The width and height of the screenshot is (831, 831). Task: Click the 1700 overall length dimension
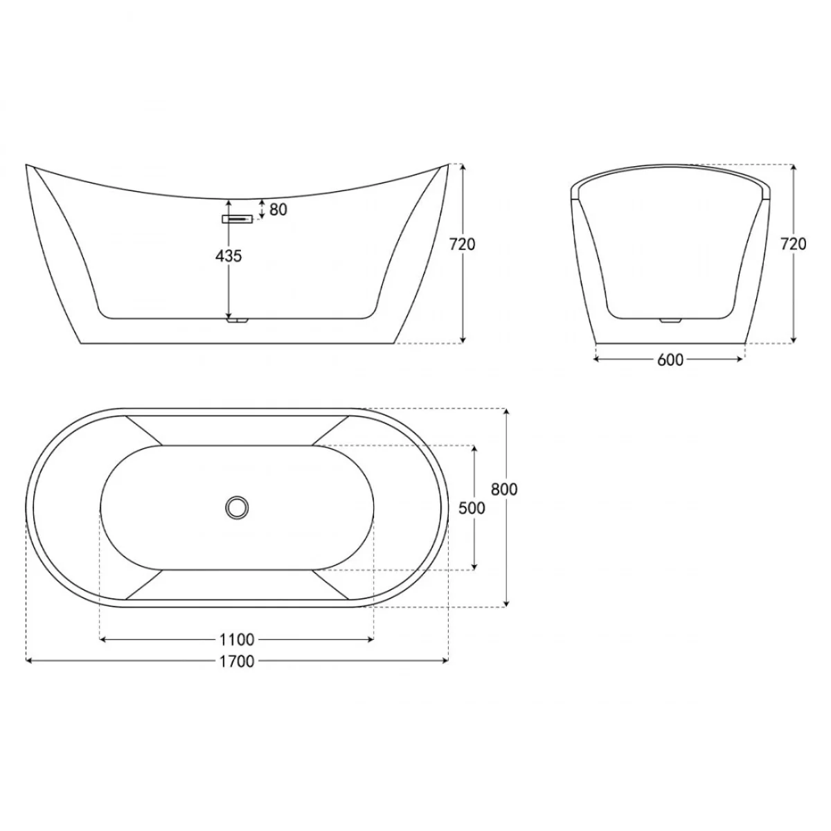pyautogui.click(x=237, y=661)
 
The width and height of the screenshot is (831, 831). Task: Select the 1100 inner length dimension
pyautogui.click(x=237, y=640)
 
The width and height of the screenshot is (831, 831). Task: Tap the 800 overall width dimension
pyautogui.click(x=504, y=489)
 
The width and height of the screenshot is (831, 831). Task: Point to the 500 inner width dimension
pyautogui.click(x=472, y=508)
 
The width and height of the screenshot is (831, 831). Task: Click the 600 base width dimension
pyautogui.click(x=670, y=359)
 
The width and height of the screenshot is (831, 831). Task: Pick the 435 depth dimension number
pyautogui.click(x=229, y=256)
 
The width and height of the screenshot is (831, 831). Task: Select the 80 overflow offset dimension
pyautogui.click(x=278, y=210)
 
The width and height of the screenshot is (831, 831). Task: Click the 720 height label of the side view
pyautogui.click(x=463, y=244)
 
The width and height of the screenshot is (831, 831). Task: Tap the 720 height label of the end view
pyautogui.click(x=793, y=244)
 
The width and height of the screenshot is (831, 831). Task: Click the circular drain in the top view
pyautogui.click(x=237, y=507)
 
